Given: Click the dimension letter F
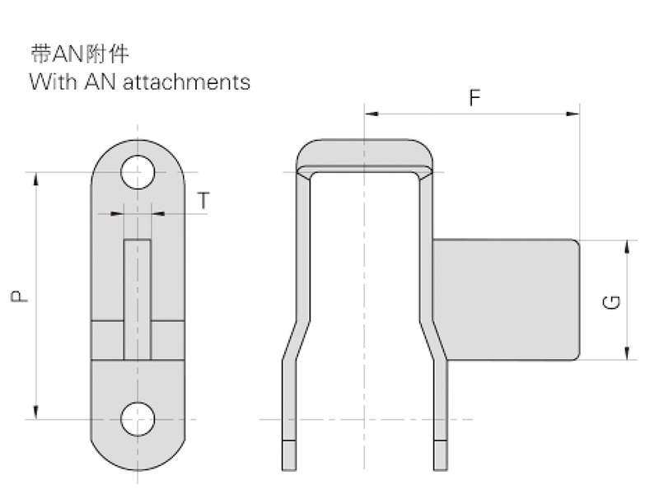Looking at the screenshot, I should [x=474, y=98].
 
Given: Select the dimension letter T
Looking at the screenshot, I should [x=203, y=200].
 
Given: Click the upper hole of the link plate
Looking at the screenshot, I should [x=138, y=173].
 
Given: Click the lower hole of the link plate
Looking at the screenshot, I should [x=138, y=418].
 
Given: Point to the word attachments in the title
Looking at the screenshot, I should [x=186, y=82].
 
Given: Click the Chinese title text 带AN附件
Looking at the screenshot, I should [x=79, y=55].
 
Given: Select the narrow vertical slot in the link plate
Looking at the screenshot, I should [x=138, y=299].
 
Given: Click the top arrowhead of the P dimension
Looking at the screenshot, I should [x=36, y=178].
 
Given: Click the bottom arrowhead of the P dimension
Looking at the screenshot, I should [x=36, y=413].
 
